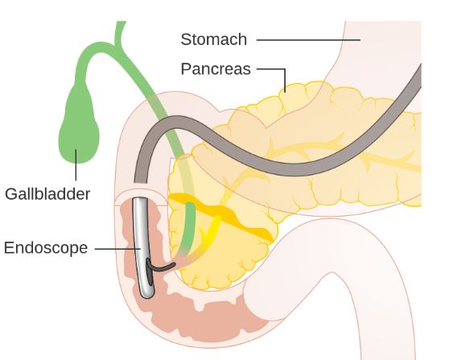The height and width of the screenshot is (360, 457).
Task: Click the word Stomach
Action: click(214, 39)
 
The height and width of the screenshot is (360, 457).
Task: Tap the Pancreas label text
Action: click(216, 69)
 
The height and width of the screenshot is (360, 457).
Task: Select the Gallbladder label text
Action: click(47, 194)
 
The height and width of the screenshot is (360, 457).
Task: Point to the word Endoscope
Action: click(46, 248)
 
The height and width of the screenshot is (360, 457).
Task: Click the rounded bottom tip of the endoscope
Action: click(147, 295)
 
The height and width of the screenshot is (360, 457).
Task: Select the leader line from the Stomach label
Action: click(308, 39)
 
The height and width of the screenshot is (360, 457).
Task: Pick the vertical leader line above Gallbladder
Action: click(76, 165)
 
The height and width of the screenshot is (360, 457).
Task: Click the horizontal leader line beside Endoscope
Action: click(117, 249)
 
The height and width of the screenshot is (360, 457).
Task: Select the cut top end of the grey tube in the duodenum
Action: click(141, 182)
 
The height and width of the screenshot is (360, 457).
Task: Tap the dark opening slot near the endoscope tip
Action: click(150, 273)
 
